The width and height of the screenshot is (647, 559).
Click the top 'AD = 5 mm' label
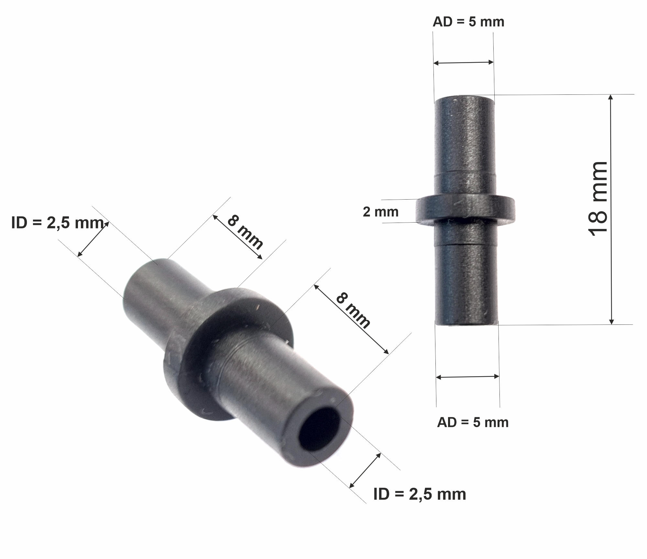(x=468, y=22)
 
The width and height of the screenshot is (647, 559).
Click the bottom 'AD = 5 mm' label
(x=473, y=422)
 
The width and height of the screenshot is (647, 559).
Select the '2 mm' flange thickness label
(x=380, y=212)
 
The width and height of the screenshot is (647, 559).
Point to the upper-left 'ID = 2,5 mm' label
(x=58, y=223)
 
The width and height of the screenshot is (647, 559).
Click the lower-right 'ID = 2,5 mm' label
(x=420, y=494)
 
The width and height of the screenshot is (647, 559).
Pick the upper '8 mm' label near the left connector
(x=245, y=232)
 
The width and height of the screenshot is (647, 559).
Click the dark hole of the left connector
(x=320, y=429)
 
